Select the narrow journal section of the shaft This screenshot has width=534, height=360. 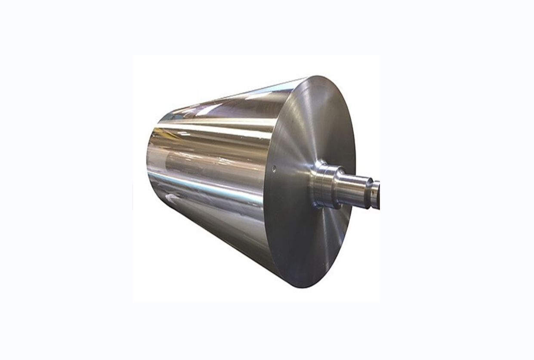click(x=356, y=189)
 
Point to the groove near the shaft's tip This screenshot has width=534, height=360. click(x=369, y=192)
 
